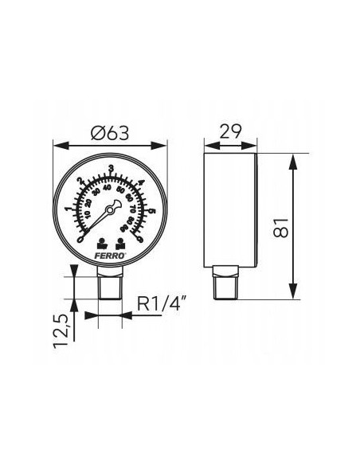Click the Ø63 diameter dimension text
pyautogui.click(x=110, y=134)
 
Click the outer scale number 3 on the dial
pyautogui.click(x=111, y=170)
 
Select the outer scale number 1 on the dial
pyautogui.click(x=68, y=209)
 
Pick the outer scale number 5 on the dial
pyautogui.click(x=152, y=213)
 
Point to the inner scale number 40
pyautogui.click(x=111, y=188)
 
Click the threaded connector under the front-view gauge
pyautogui.click(x=110, y=285)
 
